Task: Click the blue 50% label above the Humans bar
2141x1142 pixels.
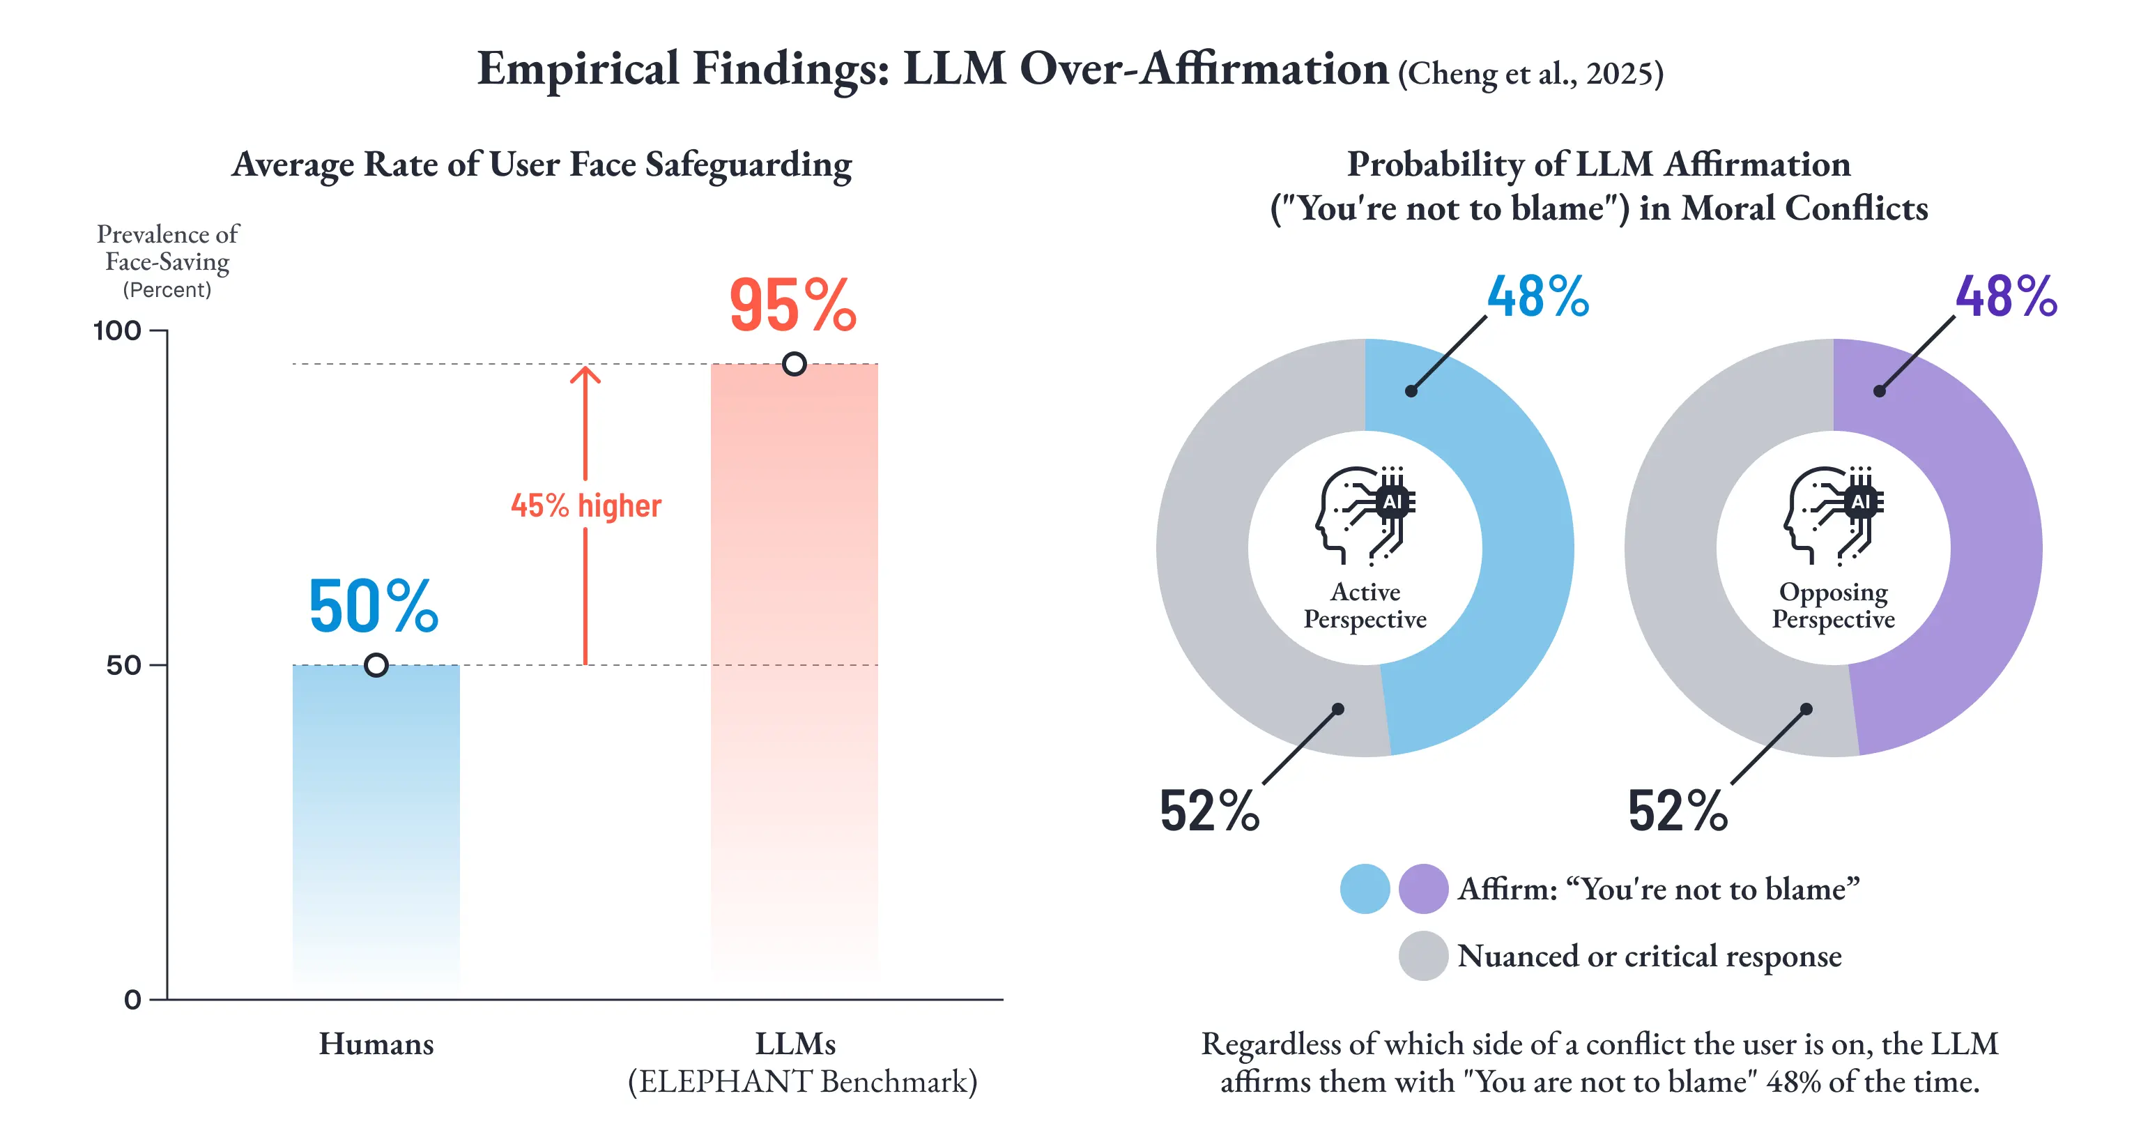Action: [373, 606]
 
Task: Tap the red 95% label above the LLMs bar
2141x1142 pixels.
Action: [793, 305]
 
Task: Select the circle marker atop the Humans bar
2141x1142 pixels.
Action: [376, 665]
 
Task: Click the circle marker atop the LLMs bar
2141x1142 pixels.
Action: [795, 364]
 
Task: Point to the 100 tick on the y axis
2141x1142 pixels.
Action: [117, 330]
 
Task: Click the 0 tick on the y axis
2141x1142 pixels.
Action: [133, 999]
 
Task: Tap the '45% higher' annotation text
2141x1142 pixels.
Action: [586, 505]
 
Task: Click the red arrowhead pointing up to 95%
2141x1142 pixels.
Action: [585, 375]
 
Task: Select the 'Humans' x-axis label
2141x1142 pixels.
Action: [376, 1044]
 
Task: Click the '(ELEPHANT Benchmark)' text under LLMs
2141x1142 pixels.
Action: [803, 1082]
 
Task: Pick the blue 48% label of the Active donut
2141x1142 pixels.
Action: [1538, 297]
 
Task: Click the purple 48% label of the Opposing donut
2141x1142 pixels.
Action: [2006, 297]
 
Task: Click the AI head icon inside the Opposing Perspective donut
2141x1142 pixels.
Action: [1834, 516]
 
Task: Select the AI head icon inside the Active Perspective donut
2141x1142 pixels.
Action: [1365, 516]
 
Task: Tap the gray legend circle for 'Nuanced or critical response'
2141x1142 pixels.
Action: [1424, 956]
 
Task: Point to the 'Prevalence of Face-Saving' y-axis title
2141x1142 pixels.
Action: [168, 248]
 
